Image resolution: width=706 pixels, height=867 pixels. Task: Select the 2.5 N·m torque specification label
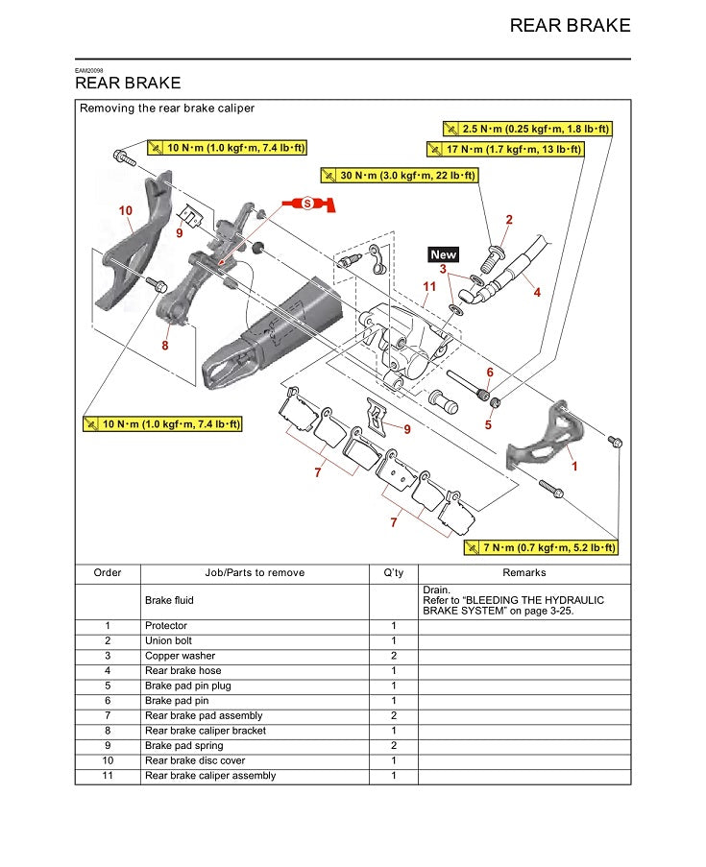point(527,128)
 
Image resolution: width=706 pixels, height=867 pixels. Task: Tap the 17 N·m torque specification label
point(505,149)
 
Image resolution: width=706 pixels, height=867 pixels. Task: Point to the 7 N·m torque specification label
point(541,547)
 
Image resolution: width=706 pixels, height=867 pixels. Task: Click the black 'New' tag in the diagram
point(444,254)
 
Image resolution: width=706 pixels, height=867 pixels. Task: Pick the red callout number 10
point(126,210)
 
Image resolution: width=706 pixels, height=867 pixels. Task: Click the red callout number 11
point(429,286)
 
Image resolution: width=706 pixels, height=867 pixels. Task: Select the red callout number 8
point(165,346)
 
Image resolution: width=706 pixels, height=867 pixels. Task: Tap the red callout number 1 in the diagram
point(574,466)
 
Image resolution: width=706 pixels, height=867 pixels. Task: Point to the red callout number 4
point(537,292)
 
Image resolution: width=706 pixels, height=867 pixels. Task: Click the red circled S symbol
point(307,204)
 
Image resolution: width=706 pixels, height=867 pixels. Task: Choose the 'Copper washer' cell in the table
point(181,656)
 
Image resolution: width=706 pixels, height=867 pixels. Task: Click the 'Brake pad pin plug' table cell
point(188,686)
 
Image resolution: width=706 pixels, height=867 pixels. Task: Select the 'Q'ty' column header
point(393,572)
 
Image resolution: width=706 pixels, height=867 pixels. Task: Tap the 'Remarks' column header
point(524,572)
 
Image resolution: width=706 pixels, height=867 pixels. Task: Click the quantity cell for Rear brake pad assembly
point(393,715)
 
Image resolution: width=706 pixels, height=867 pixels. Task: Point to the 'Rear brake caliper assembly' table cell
point(210,775)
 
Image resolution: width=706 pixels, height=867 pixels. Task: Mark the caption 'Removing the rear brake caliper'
point(167,108)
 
